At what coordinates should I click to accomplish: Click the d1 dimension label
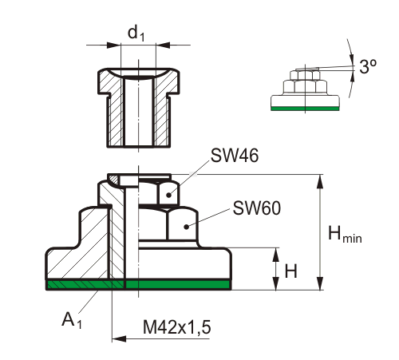tap(136, 34)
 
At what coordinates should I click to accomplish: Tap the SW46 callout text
tap(235, 156)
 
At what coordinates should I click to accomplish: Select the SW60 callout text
tap(257, 208)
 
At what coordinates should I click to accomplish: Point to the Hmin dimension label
tap(345, 234)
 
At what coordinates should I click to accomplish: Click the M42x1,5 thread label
tap(177, 327)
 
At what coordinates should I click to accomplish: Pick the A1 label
tap(72, 320)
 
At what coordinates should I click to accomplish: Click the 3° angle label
tap(368, 66)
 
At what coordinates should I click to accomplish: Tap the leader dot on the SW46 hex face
tap(168, 196)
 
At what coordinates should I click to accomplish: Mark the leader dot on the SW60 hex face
tap(187, 227)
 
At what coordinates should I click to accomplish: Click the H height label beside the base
tap(291, 271)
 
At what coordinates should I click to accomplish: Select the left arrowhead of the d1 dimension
tap(113, 45)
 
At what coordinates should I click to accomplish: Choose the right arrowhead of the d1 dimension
tap(163, 45)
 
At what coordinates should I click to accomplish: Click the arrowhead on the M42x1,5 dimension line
tap(119, 339)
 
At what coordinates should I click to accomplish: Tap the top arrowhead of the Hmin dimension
tap(320, 181)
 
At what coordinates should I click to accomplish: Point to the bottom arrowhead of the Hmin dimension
tap(320, 283)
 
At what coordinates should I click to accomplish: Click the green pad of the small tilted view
tap(305, 109)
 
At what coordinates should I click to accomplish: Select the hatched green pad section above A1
tap(85, 285)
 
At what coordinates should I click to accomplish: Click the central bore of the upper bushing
tap(139, 111)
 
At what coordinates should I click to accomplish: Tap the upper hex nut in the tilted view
tap(305, 75)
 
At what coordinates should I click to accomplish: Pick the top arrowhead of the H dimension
tap(276, 255)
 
